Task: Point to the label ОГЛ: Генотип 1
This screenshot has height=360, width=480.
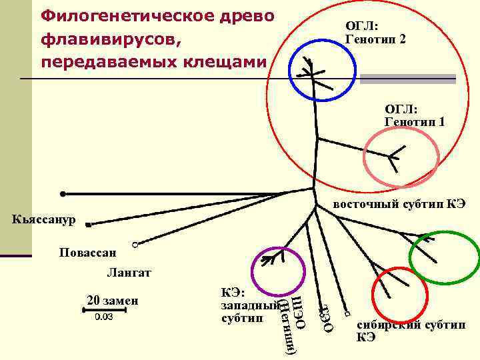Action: (x=415, y=115)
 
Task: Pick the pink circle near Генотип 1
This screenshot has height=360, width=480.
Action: (x=402, y=159)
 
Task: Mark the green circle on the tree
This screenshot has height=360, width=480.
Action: (x=444, y=257)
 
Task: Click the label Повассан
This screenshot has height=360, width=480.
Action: (x=87, y=253)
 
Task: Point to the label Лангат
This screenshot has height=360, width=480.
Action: (x=129, y=272)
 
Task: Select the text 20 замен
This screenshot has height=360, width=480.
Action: (x=112, y=298)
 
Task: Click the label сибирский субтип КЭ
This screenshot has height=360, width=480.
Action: (x=411, y=331)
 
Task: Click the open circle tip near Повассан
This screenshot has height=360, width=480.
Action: (x=135, y=245)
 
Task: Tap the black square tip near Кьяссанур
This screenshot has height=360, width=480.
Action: (x=88, y=225)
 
